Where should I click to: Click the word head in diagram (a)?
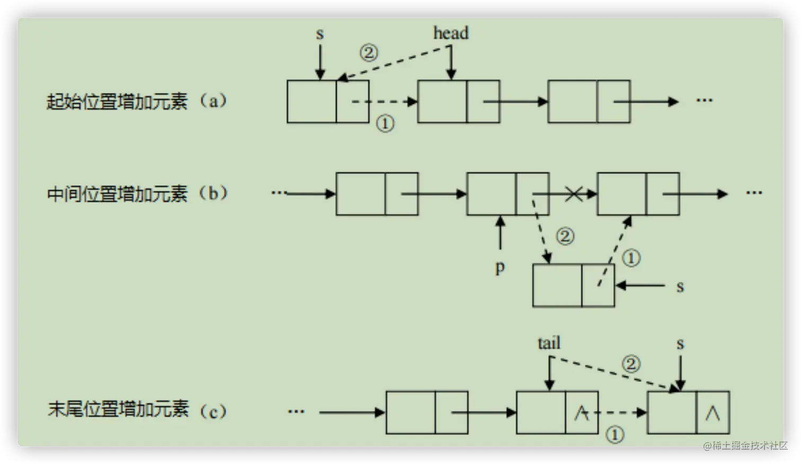451,33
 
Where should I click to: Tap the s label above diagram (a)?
319,34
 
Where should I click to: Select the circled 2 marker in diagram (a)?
369,52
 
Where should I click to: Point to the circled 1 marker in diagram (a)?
385,124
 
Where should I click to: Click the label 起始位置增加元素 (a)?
137,101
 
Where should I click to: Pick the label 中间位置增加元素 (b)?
137,194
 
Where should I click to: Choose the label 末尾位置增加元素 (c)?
137,410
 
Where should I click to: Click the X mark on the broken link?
573,194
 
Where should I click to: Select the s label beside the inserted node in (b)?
680,287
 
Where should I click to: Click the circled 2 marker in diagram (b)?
565,236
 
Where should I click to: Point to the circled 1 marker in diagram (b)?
630,258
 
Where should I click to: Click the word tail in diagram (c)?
549,343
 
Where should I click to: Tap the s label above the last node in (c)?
680,344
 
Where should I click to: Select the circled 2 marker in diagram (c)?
630,364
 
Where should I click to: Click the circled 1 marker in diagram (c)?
615,435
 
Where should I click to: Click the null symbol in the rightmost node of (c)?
713,413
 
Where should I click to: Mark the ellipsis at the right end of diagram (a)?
704,100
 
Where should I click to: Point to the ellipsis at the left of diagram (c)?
296,412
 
